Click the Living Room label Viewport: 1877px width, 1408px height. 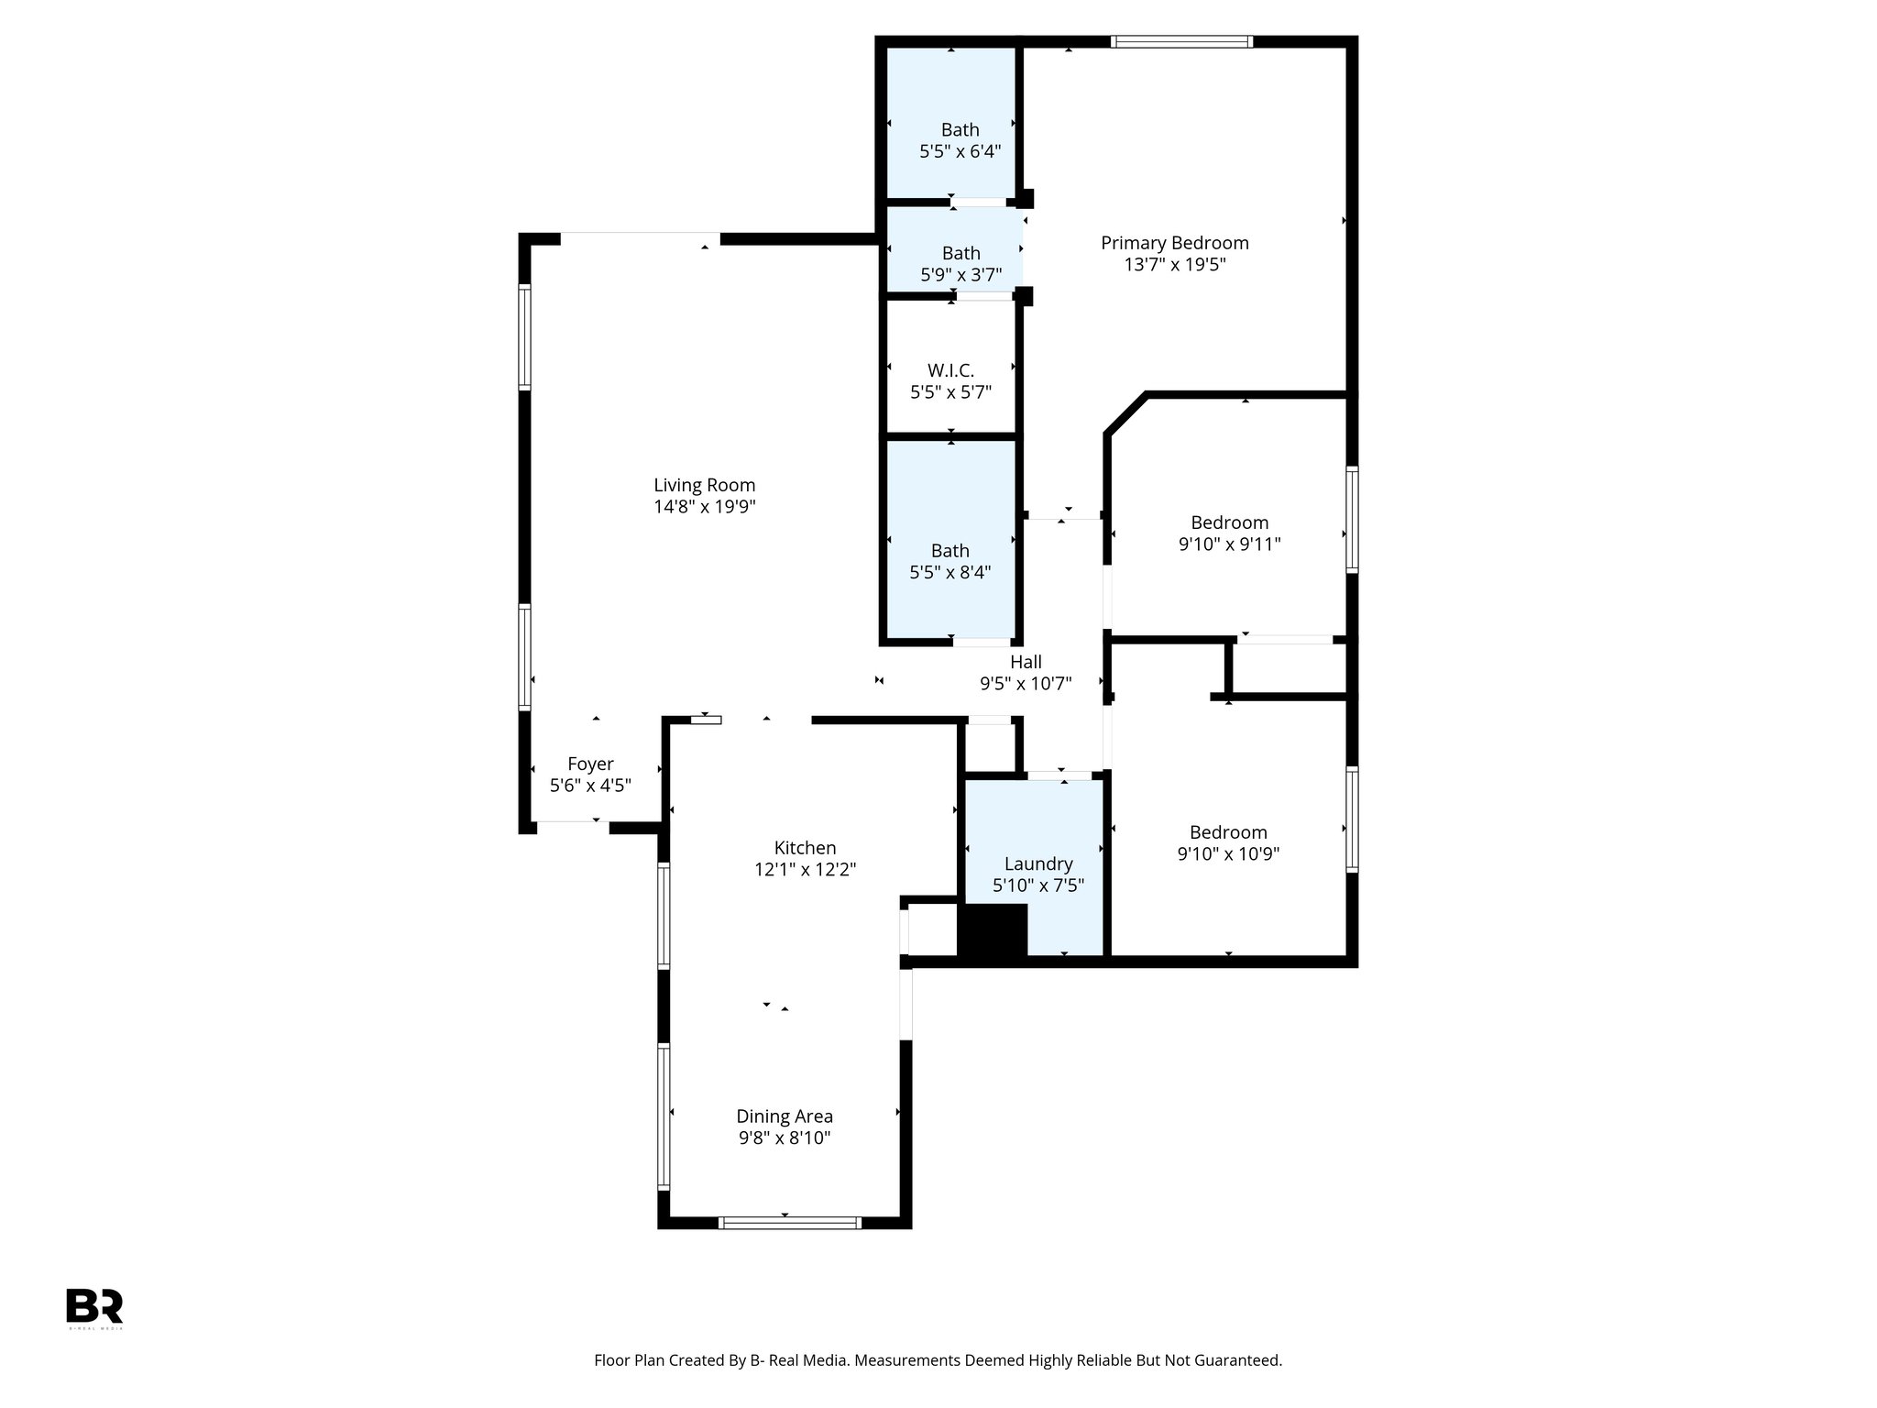[704, 485]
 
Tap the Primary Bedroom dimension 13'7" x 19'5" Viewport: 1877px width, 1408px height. [1174, 265]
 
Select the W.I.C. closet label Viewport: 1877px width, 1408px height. [950, 370]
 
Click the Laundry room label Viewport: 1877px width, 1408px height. [1037, 863]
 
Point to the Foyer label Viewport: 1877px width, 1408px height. [590, 764]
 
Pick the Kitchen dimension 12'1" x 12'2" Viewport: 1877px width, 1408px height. [805, 870]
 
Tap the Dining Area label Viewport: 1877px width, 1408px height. [785, 1116]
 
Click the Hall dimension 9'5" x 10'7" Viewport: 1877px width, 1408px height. [1026, 683]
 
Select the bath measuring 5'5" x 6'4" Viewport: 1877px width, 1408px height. [960, 141]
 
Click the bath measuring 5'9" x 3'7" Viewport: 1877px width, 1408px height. [960, 263]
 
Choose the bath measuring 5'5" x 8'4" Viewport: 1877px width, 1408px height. [949, 561]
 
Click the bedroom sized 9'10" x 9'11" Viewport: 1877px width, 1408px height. [1229, 533]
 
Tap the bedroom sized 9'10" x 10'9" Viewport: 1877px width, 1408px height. [1228, 842]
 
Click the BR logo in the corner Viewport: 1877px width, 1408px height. [94, 1307]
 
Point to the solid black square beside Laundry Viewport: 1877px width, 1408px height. [993, 930]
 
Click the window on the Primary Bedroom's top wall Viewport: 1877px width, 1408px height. [1180, 41]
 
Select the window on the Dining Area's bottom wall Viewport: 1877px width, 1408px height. [789, 1222]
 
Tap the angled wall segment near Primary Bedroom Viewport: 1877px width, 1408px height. [1125, 413]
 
